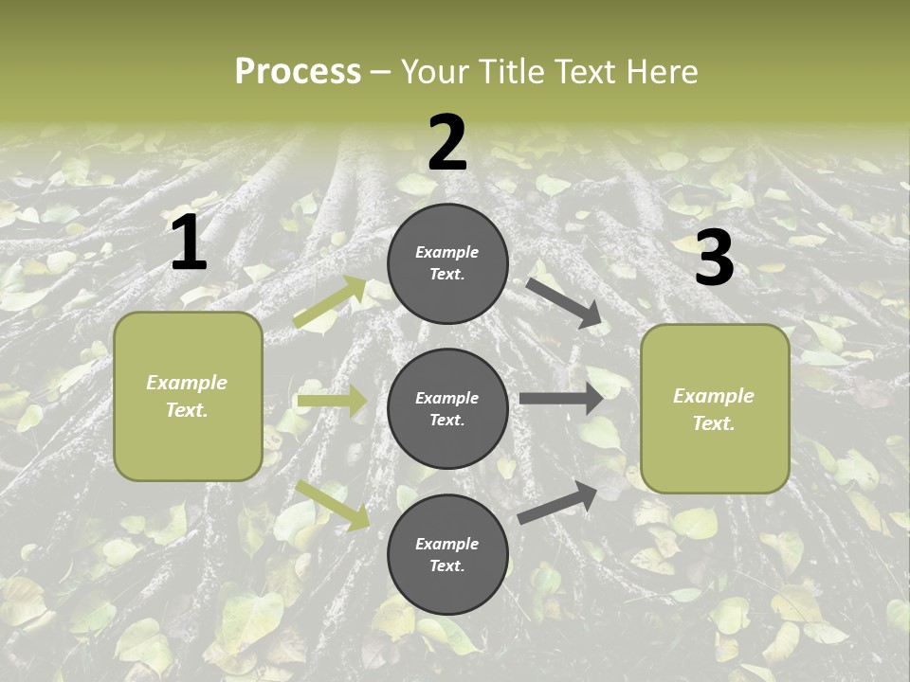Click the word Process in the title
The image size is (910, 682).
pyautogui.click(x=298, y=72)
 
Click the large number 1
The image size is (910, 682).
pyautogui.click(x=189, y=243)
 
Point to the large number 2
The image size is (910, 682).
pyautogui.click(x=447, y=143)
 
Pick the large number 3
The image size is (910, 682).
pyautogui.click(x=715, y=258)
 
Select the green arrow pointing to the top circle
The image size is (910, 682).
pyautogui.click(x=331, y=302)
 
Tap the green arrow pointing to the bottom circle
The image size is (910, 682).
pyautogui.click(x=333, y=505)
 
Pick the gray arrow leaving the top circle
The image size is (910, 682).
pyautogui.click(x=564, y=303)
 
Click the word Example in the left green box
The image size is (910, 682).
pyautogui.click(x=187, y=383)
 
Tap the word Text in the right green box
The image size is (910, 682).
pyautogui.click(x=714, y=423)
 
